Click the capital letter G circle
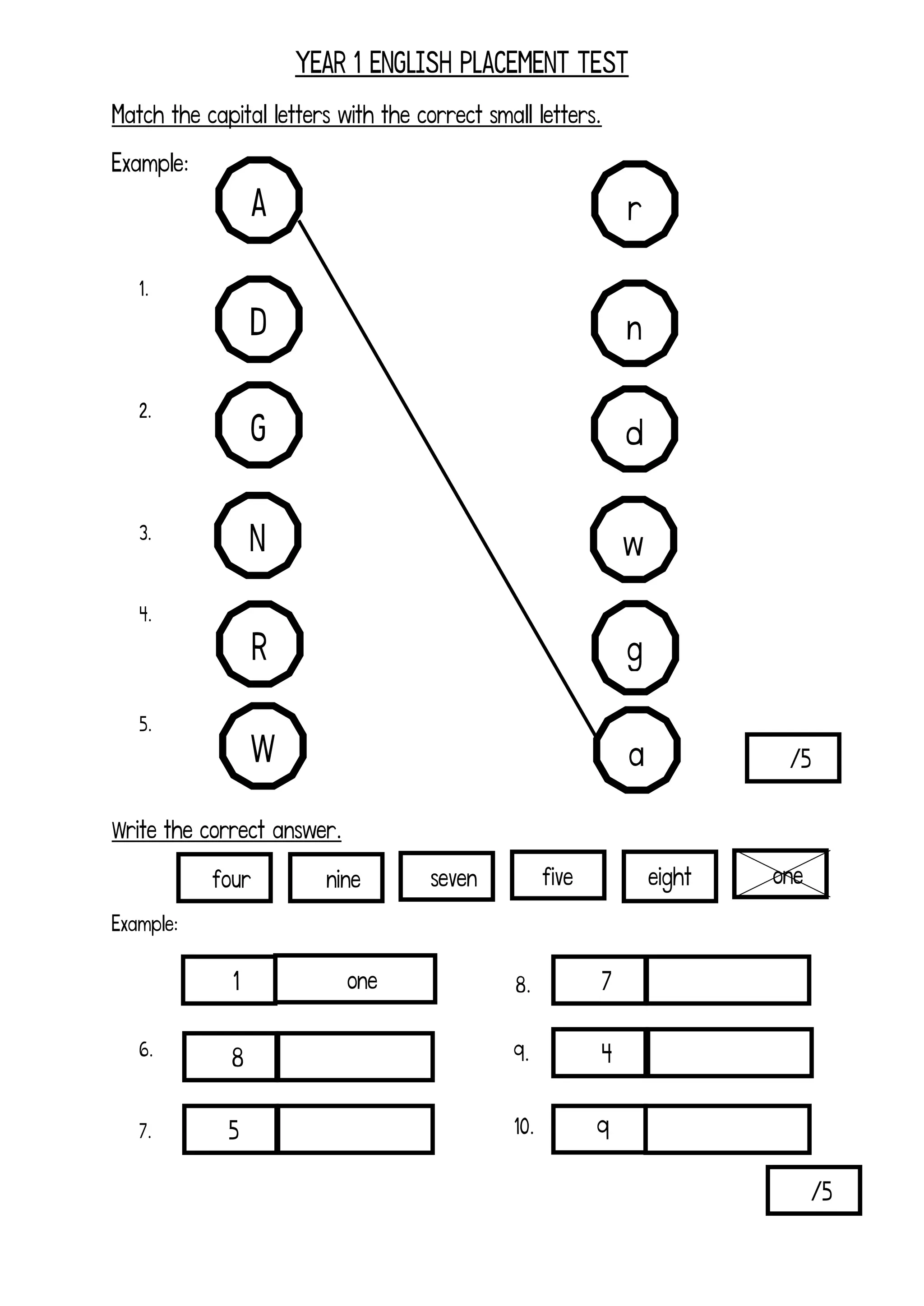(259, 425)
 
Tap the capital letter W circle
(263, 746)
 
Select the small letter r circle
(634, 204)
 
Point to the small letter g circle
(635, 648)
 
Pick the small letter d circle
(634, 429)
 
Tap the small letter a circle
(637, 750)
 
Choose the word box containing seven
(447, 877)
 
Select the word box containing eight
(670, 877)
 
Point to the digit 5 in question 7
(233, 1130)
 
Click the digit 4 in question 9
(606, 1053)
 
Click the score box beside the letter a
(793, 758)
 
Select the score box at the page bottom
(813, 1190)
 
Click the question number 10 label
(523, 1126)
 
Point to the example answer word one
(362, 981)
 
